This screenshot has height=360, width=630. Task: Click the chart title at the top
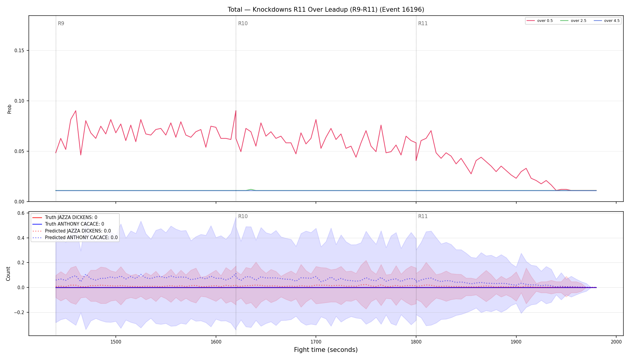click(x=326, y=10)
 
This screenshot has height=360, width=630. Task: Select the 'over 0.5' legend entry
click(x=540, y=21)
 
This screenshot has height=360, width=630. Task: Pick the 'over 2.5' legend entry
click(x=573, y=21)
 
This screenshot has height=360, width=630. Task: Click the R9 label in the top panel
click(x=61, y=23)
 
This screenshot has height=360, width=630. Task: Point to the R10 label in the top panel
click(x=243, y=23)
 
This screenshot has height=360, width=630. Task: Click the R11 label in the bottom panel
click(x=423, y=216)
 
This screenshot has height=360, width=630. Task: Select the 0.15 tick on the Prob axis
click(x=19, y=50)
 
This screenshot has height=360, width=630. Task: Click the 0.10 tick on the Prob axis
click(x=19, y=101)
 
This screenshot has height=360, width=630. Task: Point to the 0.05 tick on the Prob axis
click(x=19, y=151)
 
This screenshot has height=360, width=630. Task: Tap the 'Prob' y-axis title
click(x=9, y=109)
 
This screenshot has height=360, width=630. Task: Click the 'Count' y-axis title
click(x=8, y=274)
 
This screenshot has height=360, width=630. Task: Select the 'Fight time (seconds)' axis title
click(x=326, y=350)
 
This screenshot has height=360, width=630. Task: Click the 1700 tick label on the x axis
click(x=316, y=342)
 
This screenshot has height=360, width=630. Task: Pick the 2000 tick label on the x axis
click(x=616, y=342)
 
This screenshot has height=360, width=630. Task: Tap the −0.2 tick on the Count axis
click(x=19, y=312)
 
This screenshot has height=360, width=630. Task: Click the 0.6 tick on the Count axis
click(x=21, y=213)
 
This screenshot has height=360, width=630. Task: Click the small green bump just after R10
click(x=251, y=190)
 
